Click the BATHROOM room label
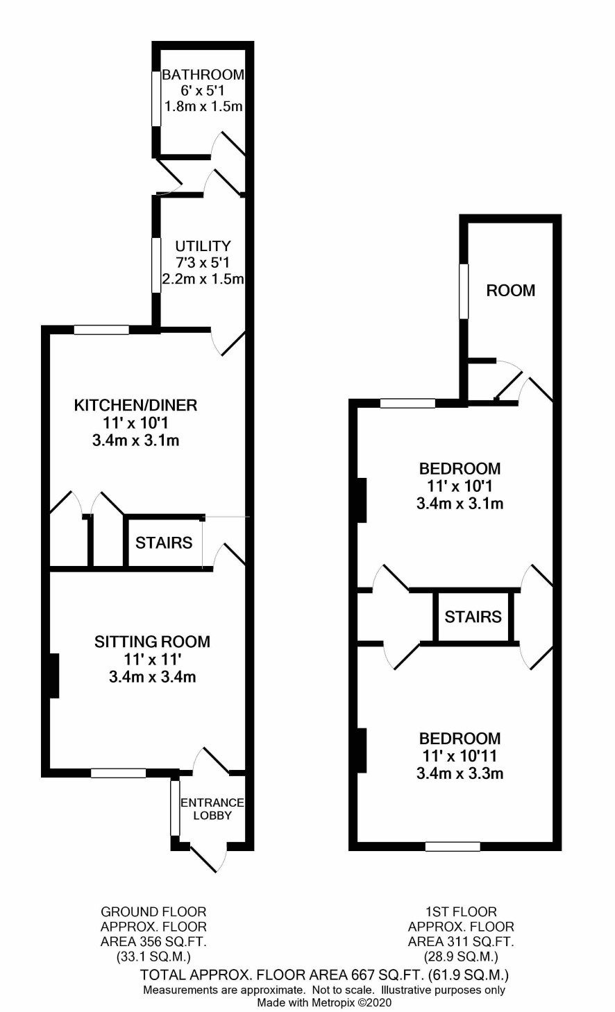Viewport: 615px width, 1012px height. (203, 74)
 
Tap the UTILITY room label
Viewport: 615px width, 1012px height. (203, 246)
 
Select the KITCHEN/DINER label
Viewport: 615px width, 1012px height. (135, 405)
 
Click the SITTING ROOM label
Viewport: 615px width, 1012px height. (153, 642)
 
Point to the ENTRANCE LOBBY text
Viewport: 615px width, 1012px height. (212, 809)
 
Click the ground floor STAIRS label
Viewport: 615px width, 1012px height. (164, 542)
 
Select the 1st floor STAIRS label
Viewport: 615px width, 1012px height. (473, 617)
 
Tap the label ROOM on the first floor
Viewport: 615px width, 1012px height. (511, 291)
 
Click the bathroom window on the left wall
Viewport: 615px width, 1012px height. (156, 98)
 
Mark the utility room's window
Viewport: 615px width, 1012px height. (156, 265)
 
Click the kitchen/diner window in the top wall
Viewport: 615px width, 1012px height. (102, 329)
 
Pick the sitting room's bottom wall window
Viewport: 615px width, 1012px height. (119, 773)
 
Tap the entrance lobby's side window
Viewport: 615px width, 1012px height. (175, 807)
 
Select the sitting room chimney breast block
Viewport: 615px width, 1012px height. (54, 676)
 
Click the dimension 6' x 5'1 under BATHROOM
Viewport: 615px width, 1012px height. (203, 91)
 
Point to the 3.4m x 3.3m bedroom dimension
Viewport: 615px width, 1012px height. (460, 773)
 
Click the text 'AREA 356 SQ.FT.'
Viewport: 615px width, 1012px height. (153, 942)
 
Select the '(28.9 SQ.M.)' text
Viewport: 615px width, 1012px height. (461, 957)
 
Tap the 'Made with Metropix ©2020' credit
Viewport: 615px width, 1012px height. (324, 1002)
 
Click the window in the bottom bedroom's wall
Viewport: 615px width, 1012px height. (453, 846)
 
